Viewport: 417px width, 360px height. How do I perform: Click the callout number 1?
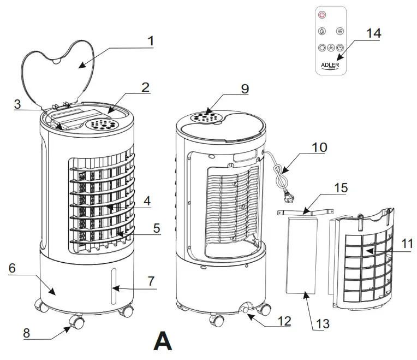pyautogui.click(x=151, y=41)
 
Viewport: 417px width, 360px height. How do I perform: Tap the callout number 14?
pyautogui.click(x=373, y=33)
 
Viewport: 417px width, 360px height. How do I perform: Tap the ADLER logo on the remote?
pyautogui.click(x=330, y=65)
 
